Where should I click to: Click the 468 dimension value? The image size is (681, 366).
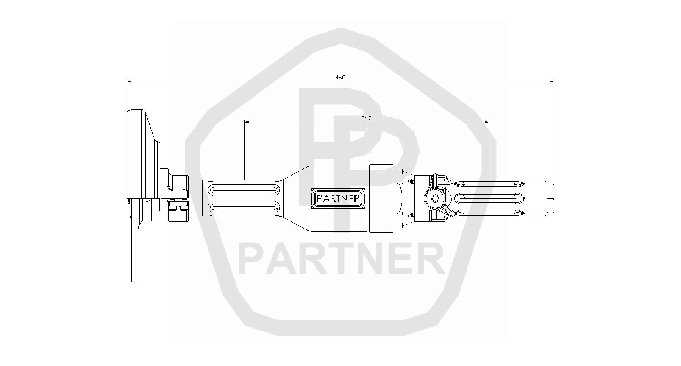[340, 78]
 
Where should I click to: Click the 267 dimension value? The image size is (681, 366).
[366, 118]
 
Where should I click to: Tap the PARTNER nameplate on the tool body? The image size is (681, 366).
[338, 198]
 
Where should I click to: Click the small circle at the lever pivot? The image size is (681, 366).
[435, 198]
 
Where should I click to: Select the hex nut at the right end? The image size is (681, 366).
[550, 198]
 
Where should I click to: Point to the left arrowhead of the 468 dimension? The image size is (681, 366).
[129, 81]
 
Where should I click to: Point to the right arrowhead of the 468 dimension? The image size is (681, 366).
[551, 81]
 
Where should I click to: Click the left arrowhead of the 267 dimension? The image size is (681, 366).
[247, 122]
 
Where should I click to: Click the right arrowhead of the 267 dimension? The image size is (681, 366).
[487, 122]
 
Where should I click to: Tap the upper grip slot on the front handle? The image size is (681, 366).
[244, 190]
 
